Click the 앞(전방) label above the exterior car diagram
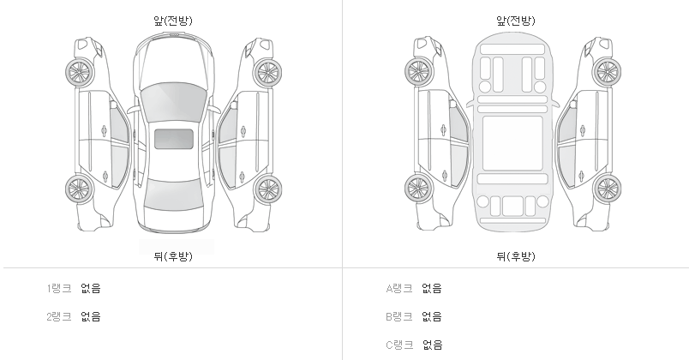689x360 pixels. pyautogui.click(x=172, y=21)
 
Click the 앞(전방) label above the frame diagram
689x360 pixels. pyautogui.click(x=515, y=21)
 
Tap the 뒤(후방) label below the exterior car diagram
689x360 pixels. pyautogui.click(x=172, y=255)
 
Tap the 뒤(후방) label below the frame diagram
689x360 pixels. pyautogui.click(x=515, y=255)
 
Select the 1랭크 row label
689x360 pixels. pyautogui.click(x=59, y=289)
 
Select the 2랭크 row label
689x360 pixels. pyautogui.click(x=59, y=317)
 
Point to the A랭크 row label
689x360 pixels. pyautogui.click(x=400, y=289)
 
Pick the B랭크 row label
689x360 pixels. pyautogui.click(x=400, y=317)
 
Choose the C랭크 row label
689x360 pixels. pyautogui.click(x=400, y=345)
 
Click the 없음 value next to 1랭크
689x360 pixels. pyautogui.click(x=91, y=289)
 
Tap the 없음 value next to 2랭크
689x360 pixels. pyautogui.click(x=91, y=317)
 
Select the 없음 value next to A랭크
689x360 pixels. pyautogui.click(x=432, y=289)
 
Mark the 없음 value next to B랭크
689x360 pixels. pyautogui.click(x=432, y=317)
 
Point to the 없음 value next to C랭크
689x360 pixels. pyautogui.click(x=432, y=345)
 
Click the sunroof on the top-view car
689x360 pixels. pyautogui.click(x=173, y=139)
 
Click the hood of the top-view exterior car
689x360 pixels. pyautogui.click(x=173, y=60)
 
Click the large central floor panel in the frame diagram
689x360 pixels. pyautogui.click(x=513, y=143)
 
